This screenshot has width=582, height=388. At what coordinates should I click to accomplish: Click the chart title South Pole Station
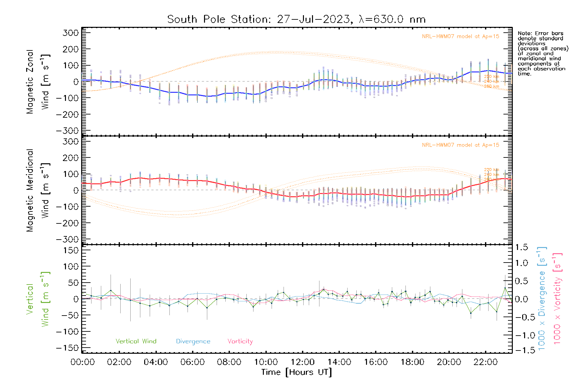(296, 19)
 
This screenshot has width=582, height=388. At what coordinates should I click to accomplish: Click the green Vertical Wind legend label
(136, 341)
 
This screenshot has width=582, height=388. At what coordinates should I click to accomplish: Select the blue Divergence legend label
(193, 341)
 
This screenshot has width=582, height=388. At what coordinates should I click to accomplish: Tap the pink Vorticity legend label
(240, 341)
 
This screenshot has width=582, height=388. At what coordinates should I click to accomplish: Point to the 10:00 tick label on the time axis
(266, 362)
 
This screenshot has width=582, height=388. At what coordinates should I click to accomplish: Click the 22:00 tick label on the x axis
(485, 362)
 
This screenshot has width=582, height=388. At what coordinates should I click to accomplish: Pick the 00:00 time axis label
(82, 362)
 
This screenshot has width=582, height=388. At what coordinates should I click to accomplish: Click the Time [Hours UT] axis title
(296, 372)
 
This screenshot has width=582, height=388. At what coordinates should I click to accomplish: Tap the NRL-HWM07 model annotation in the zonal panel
(460, 37)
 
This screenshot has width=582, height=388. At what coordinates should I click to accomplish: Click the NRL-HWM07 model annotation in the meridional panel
(460, 145)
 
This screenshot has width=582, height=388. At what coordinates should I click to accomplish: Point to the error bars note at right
(543, 53)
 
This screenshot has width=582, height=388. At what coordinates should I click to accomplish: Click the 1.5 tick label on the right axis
(521, 247)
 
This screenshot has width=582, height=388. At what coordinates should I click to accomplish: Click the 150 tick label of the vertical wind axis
(71, 250)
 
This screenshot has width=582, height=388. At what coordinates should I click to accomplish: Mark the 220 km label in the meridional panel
(491, 170)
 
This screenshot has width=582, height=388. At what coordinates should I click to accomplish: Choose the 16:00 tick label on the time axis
(375, 362)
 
